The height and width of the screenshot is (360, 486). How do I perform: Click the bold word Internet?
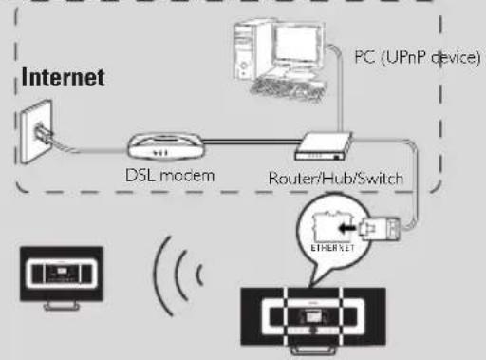63,77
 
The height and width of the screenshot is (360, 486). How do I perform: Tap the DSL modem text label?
168,176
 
